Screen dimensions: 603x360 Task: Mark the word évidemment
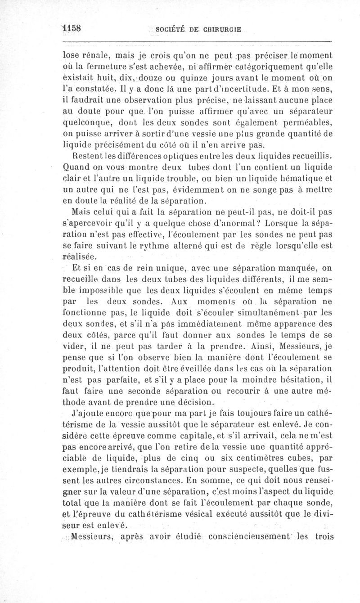(181, 189)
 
